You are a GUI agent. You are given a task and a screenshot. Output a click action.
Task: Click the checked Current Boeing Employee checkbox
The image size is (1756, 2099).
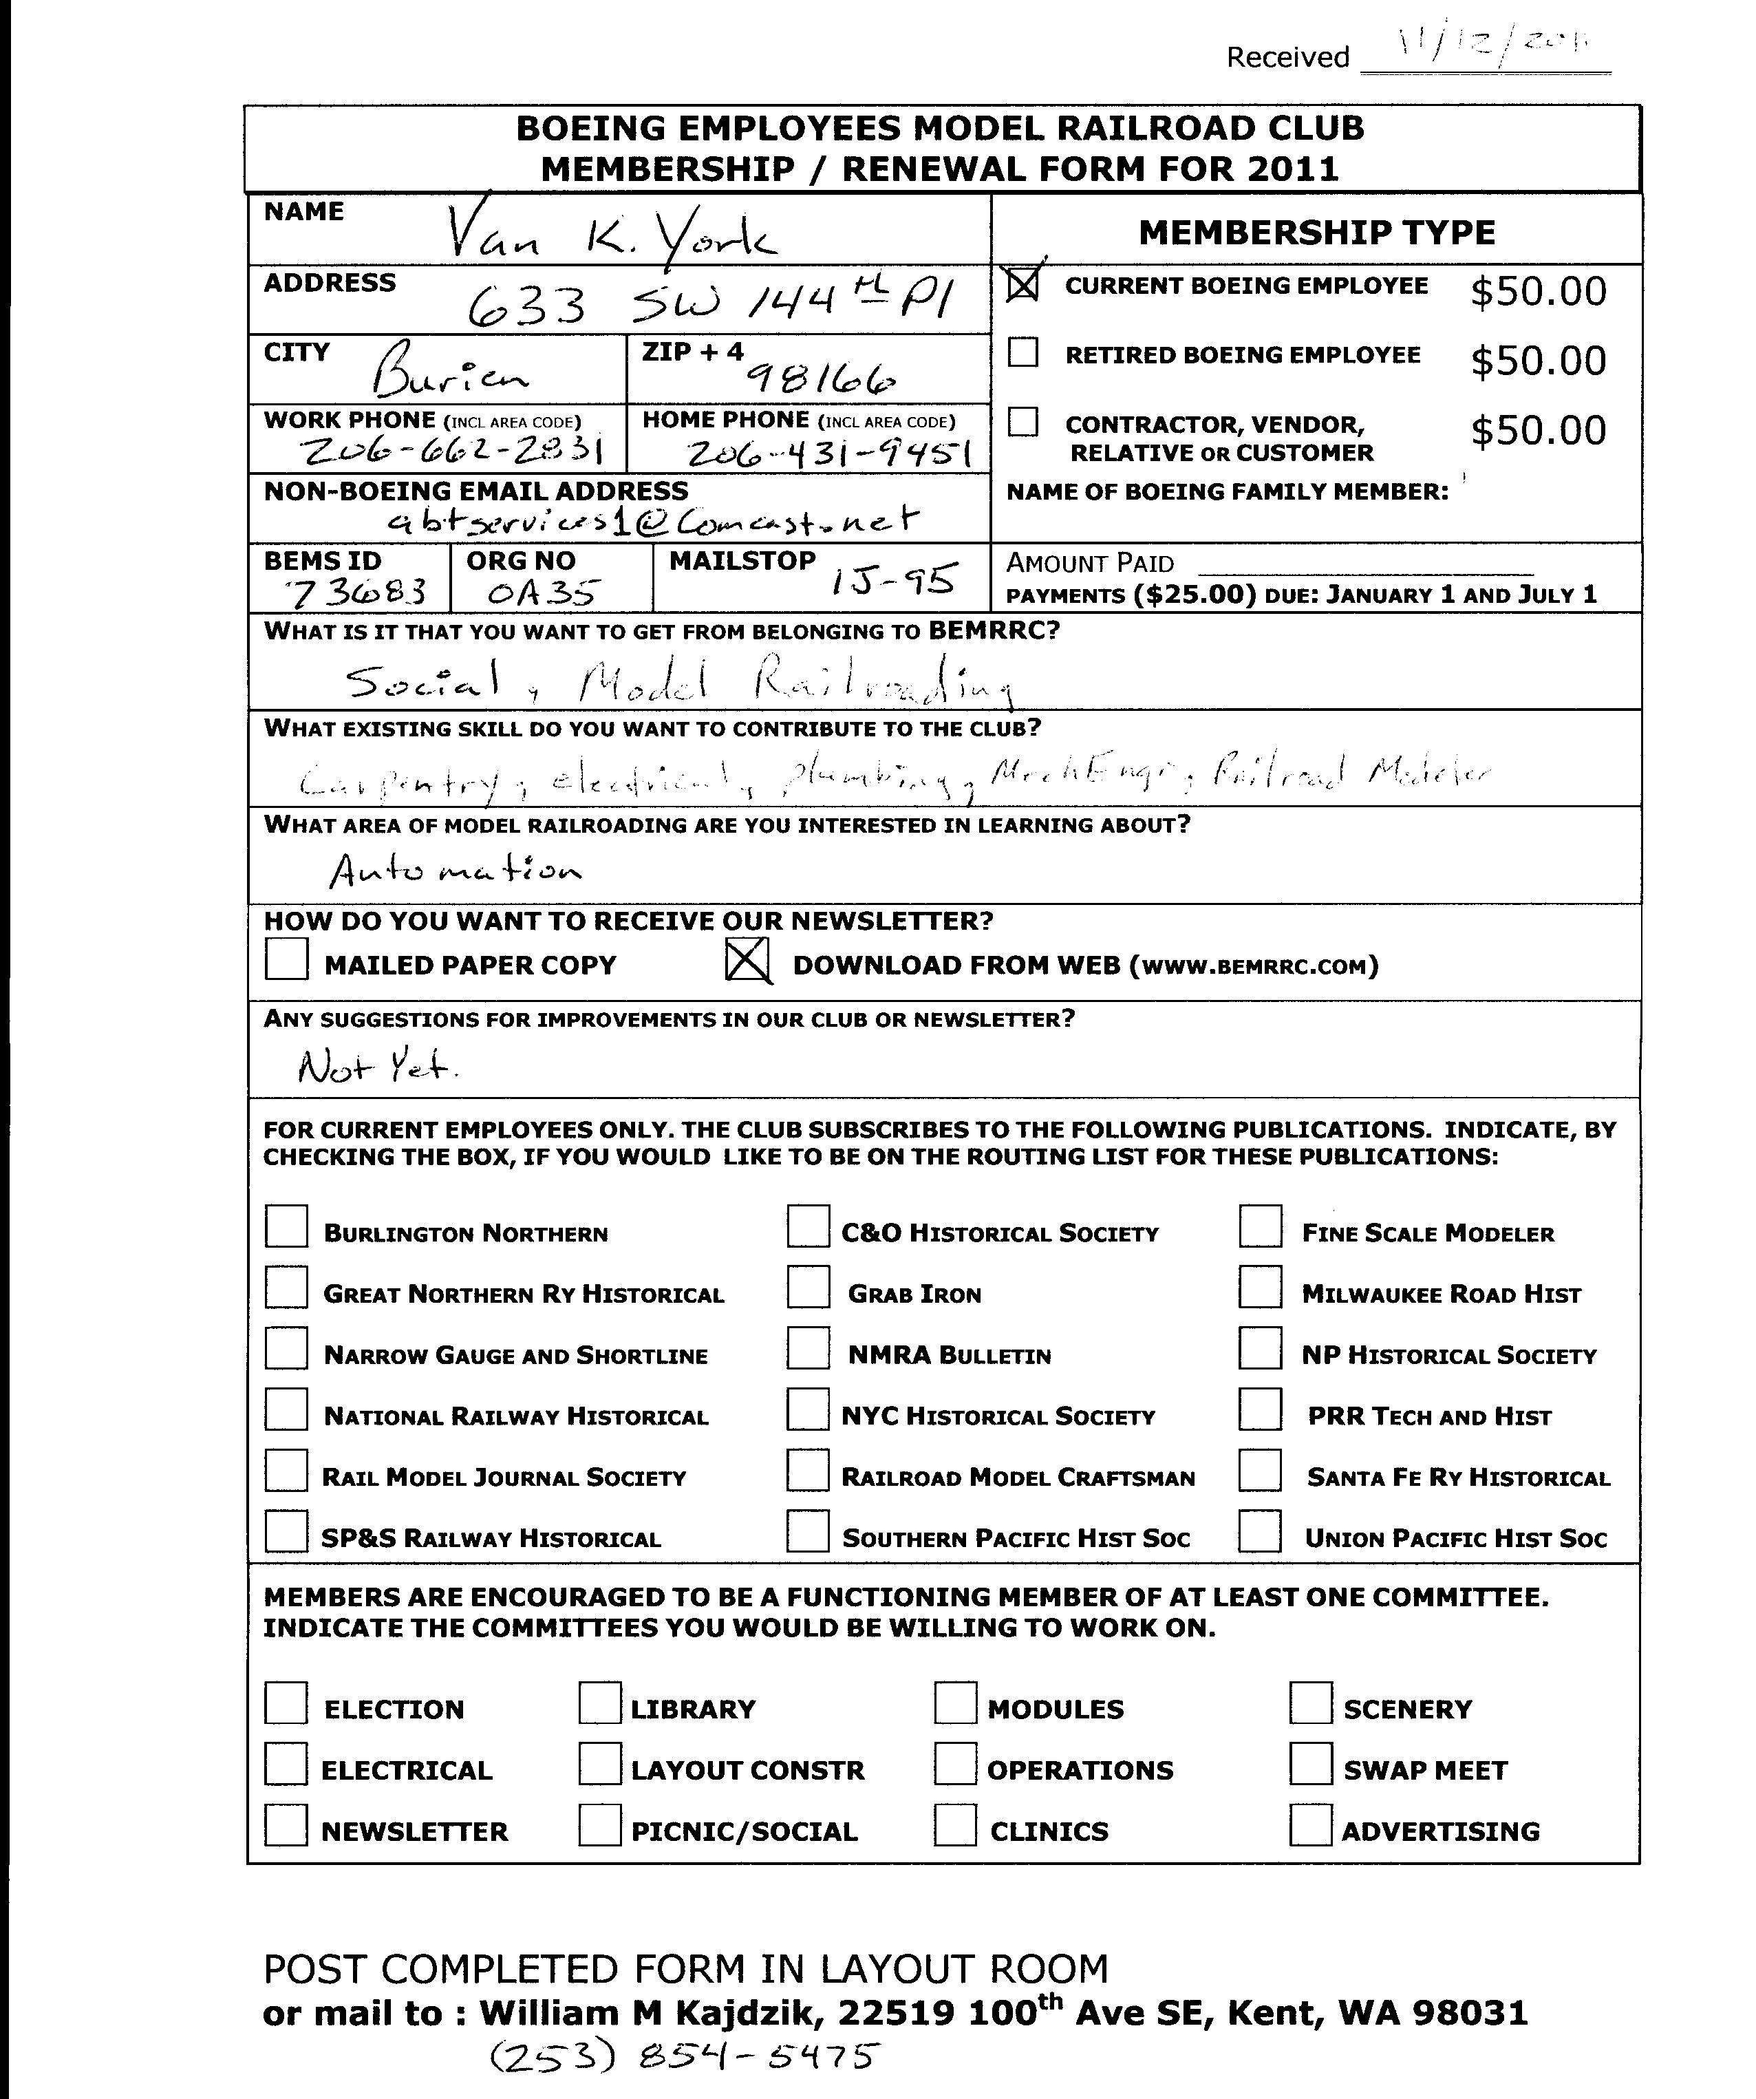1023,285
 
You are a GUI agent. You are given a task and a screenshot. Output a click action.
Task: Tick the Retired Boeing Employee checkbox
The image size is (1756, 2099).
1023,353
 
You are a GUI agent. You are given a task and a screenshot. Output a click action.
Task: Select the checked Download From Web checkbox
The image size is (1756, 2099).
747,961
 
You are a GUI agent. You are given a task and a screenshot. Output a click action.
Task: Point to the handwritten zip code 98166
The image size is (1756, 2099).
822,379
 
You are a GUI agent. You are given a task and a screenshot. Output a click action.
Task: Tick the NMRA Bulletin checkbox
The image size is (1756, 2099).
808,1348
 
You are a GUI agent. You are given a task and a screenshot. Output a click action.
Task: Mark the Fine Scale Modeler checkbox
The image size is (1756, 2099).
1261,1226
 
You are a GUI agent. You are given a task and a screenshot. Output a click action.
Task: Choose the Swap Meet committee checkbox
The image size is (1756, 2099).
1310,1763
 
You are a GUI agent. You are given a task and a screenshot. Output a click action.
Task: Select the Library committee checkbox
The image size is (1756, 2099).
599,1702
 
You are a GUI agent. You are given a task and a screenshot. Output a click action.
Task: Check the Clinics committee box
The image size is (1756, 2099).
956,1824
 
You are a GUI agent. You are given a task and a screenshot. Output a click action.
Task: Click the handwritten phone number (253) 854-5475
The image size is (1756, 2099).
685,2057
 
